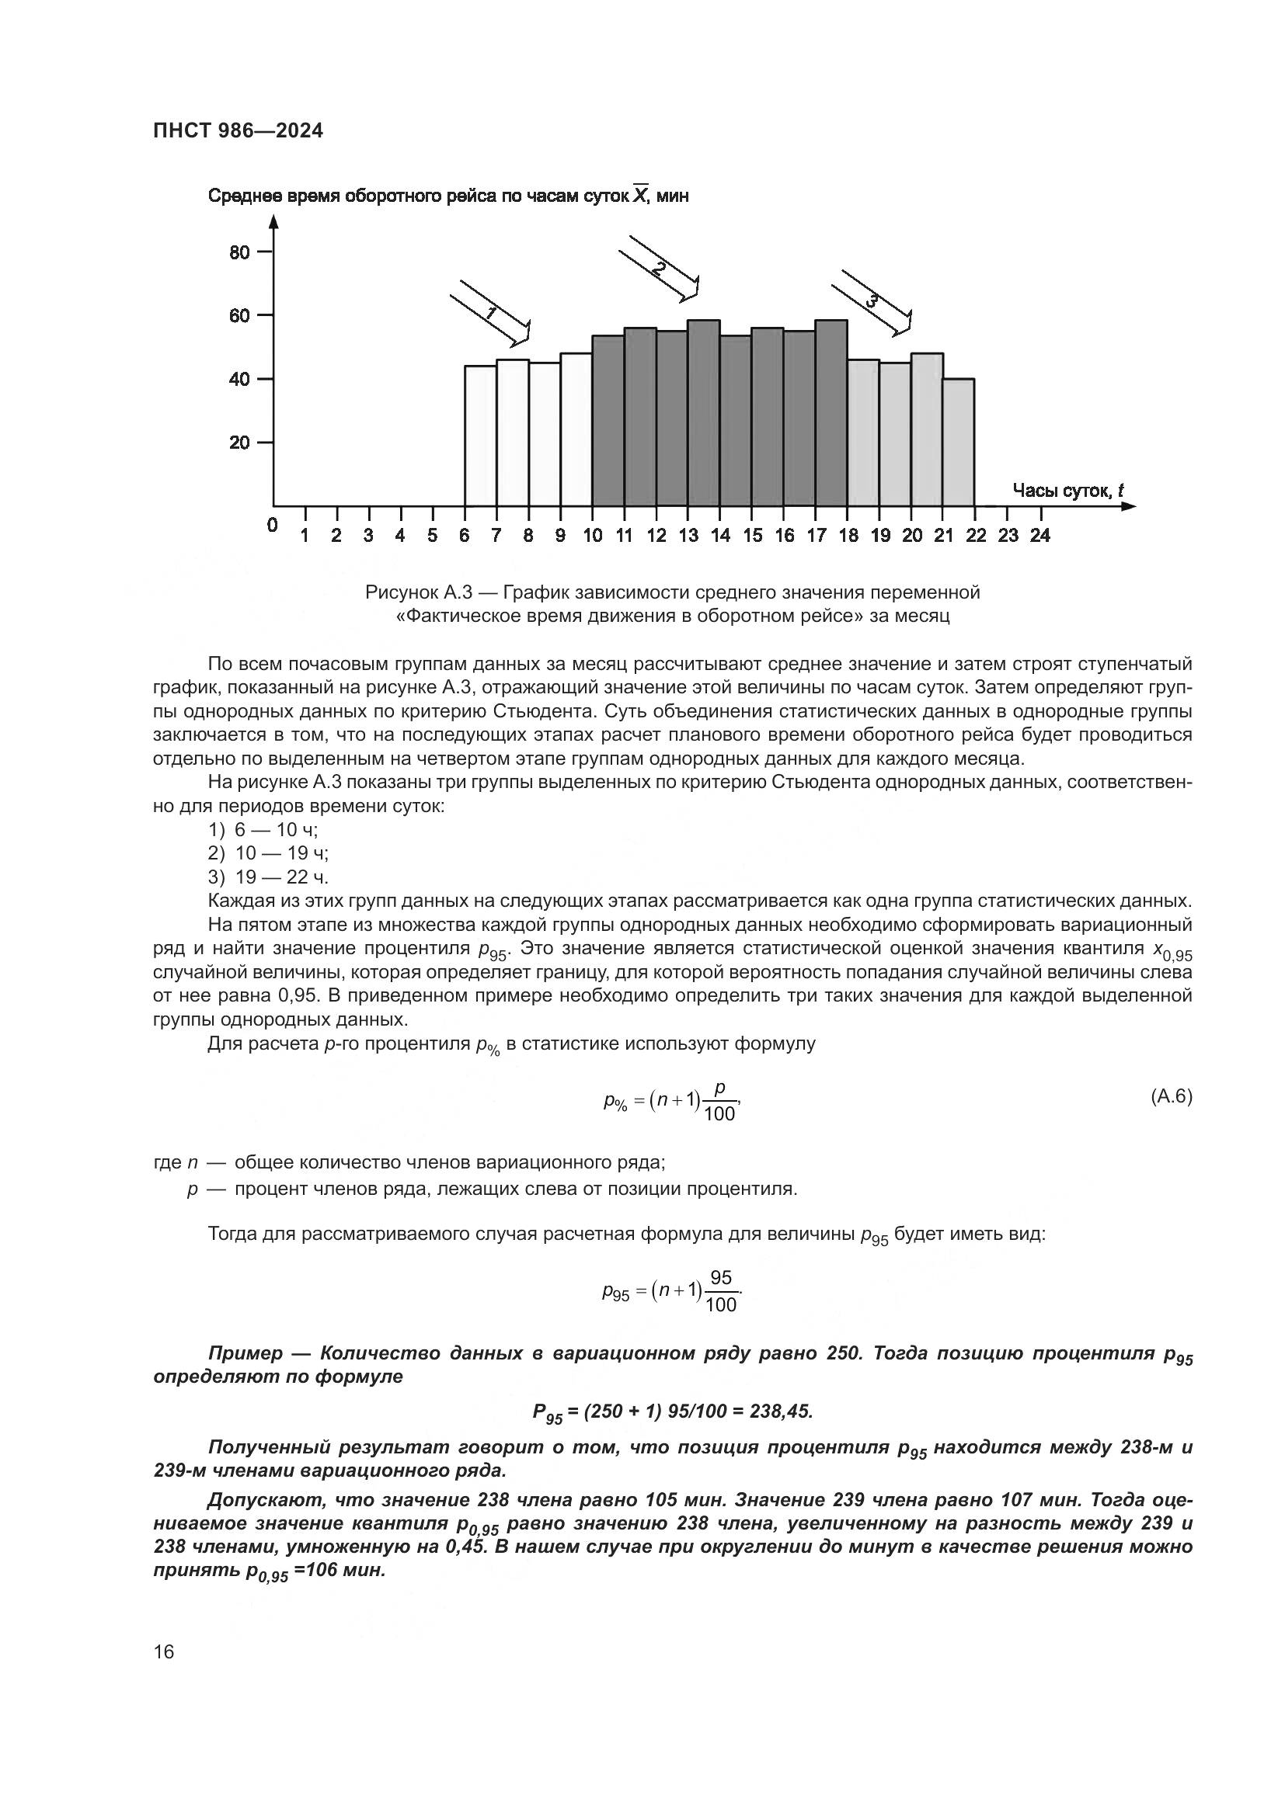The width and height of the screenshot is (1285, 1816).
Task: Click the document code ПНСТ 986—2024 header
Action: click(239, 131)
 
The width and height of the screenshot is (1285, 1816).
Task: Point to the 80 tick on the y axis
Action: click(240, 253)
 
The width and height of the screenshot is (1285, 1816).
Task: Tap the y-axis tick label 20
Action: click(240, 443)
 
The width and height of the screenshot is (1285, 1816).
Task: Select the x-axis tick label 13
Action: click(688, 536)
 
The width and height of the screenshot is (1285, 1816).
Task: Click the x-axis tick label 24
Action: click(1039, 536)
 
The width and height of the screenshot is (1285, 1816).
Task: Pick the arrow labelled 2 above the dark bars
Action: click(658, 268)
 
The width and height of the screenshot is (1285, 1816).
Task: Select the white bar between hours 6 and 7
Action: click(480, 435)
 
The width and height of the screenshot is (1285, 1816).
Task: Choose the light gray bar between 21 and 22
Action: click(958, 443)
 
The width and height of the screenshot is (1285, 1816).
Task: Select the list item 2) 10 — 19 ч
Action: click(269, 853)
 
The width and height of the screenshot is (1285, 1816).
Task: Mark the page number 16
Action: click(164, 1652)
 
